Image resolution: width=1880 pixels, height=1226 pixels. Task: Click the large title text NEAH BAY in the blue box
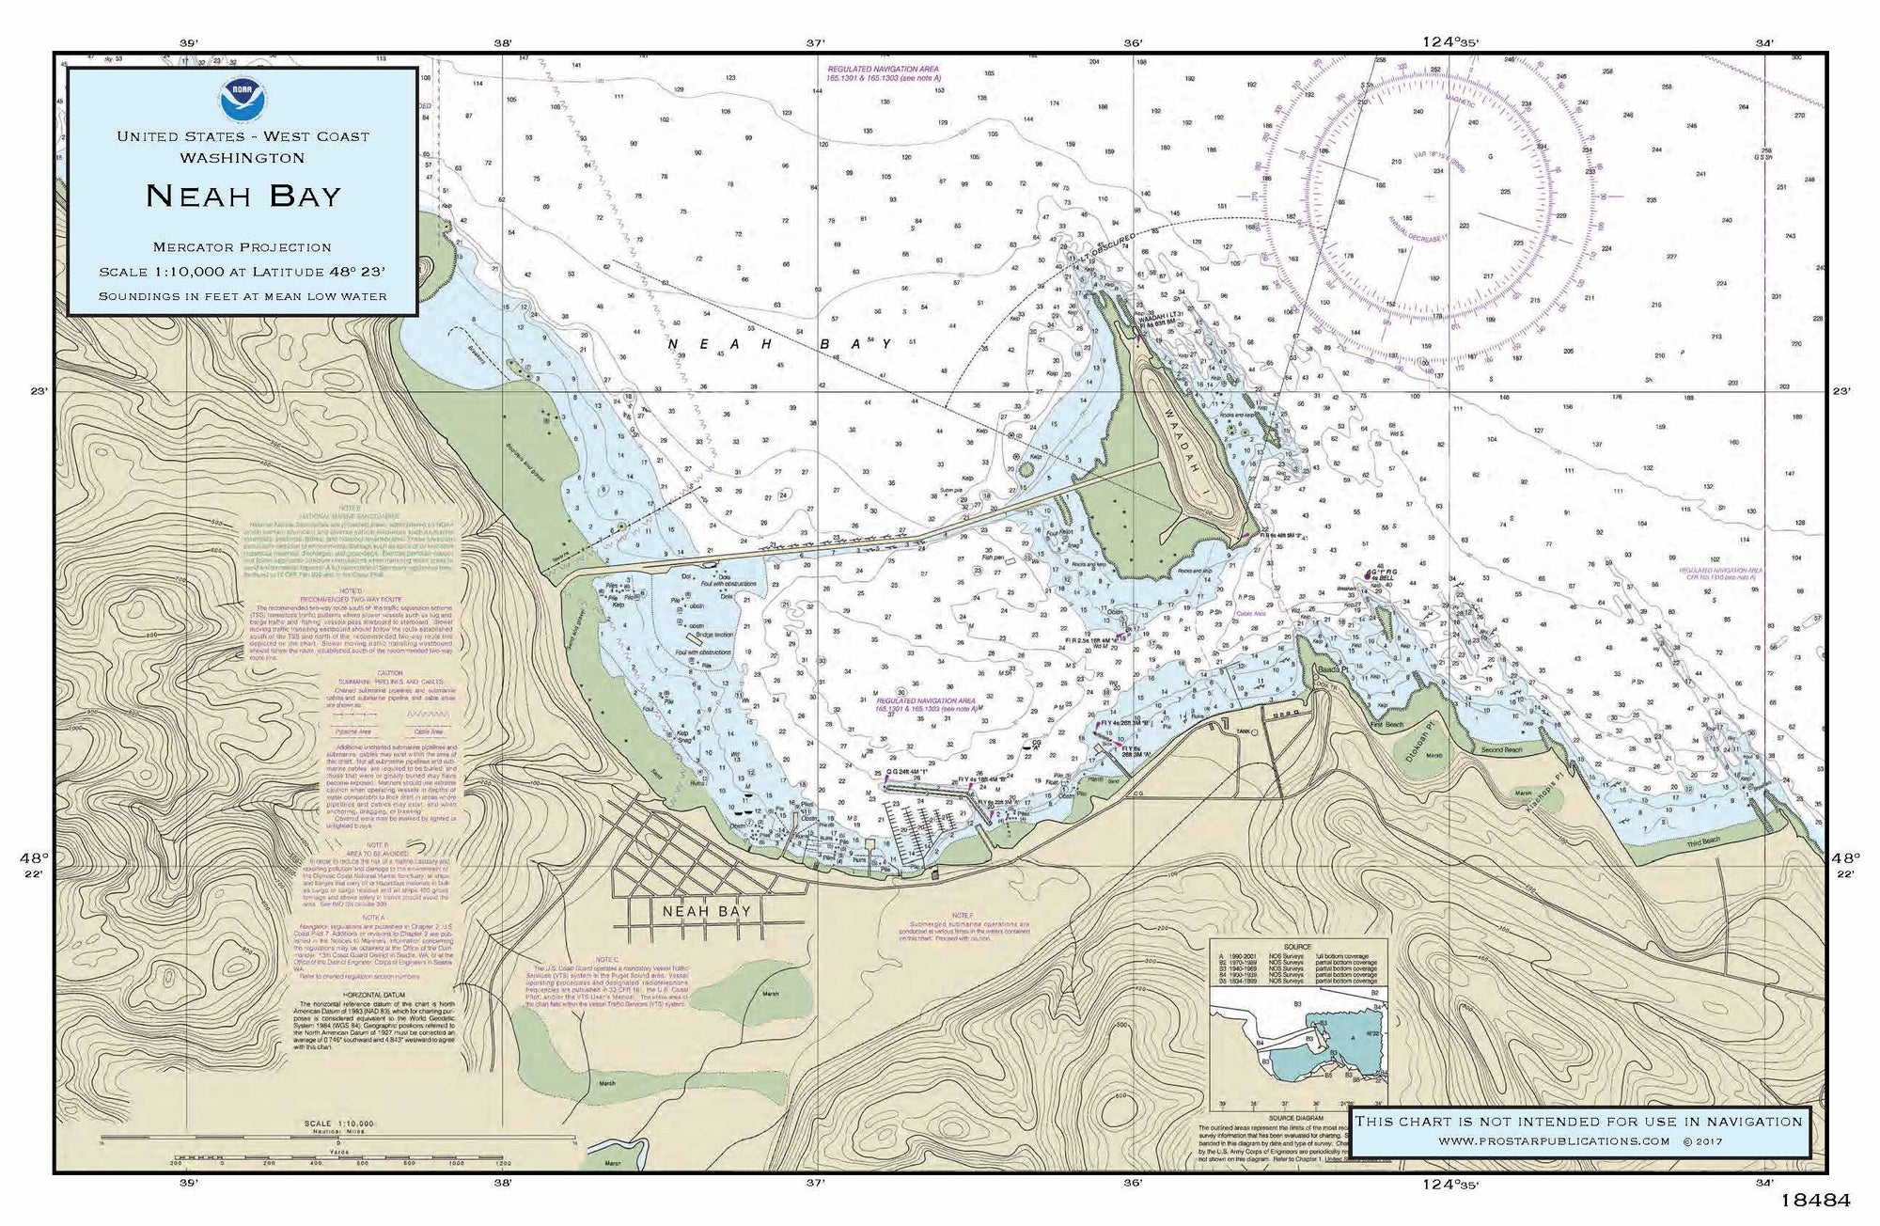click(243, 196)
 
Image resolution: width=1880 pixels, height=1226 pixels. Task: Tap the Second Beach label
click(1500, 749)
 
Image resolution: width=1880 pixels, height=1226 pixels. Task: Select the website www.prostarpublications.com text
click(1554, 1141)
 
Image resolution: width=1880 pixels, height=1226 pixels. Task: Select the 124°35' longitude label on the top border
click(1451, 41)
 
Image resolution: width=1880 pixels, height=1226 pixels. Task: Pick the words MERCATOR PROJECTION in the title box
click(243, 247)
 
